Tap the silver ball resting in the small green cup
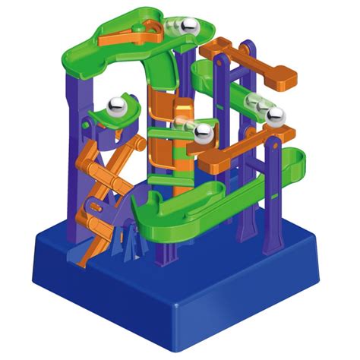point(118,105)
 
